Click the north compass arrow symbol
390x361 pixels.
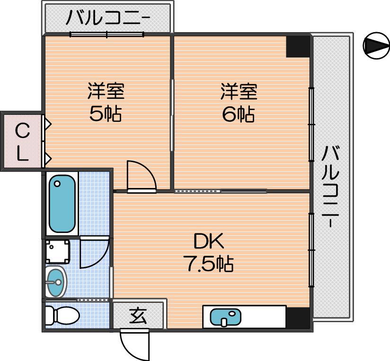click(376, 46)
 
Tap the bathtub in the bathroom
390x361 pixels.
click(62, 204)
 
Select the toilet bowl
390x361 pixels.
click(62, 316)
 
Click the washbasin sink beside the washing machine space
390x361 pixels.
click(56, 282)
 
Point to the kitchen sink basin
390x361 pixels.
click(225, 317)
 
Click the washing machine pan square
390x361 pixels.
click(57, 251)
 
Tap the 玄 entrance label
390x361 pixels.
click(138, 315)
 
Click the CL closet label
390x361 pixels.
click(22, 142)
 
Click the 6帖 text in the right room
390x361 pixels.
click(238, 114)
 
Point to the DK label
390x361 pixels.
click(208, 241)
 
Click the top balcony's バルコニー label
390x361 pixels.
click(107, 17)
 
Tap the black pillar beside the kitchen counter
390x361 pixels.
click(298, 318)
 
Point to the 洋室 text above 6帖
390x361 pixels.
click(239, 92)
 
